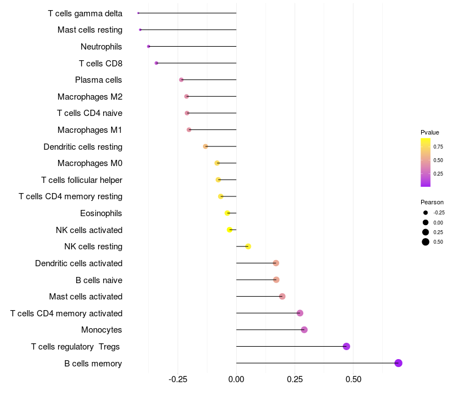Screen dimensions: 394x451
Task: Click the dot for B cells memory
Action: tap(398, 363)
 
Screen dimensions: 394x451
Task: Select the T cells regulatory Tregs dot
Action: tap(346, 346)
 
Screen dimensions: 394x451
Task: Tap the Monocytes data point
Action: tap(304, 330)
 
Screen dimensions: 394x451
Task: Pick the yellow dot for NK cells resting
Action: tap(248, 247)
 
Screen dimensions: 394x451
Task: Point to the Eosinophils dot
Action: tap(227, 213)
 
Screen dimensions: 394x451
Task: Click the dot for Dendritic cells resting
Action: tap(206, 146)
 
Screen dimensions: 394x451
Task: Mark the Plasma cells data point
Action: tap(181, 80)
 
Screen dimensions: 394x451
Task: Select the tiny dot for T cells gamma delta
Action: tap(138, 13)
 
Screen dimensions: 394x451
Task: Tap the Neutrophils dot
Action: tap(148, 46)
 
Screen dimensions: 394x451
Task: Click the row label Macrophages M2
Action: tap(90, 97)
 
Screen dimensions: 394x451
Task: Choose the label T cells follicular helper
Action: tap(82, 180)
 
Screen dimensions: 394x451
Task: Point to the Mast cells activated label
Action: tap(86, 297)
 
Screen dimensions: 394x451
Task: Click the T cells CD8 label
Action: tap(100, 64)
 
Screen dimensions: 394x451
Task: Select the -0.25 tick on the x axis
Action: tap(178, 380)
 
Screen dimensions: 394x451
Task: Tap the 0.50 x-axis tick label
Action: tap(353, 380)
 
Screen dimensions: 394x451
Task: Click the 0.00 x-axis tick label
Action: tap(236, 380)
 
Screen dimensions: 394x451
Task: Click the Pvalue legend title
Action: tap(430, 132)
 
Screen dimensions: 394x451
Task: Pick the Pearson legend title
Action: tap(432, 202)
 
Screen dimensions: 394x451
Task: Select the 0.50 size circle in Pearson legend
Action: tap(426, 242)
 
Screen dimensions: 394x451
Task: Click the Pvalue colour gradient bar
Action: tap(426, 162)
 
